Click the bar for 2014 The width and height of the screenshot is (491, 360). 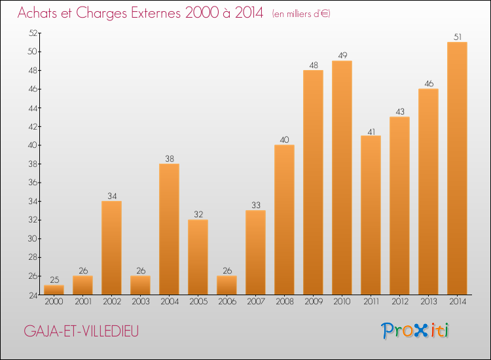click(x=457, y=168)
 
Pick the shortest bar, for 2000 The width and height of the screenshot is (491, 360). click(x=54, y=290)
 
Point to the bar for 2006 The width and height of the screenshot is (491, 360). click(x=227, y=285)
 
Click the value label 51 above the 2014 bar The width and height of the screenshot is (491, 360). click(x=457, y=37)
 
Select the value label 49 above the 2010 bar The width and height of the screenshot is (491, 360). click(x=342, y=56)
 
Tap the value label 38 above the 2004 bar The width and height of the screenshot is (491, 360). click(x=169, y=158)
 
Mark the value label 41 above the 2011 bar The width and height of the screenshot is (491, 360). click(x=371, y=130)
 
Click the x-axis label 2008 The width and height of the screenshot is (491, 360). click(x=284, y=302)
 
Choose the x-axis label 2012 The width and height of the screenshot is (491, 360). click(x=399, y=302)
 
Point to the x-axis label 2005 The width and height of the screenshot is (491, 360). click(x=198, y=302)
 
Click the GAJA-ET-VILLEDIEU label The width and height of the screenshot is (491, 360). click(x=82, y=331)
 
